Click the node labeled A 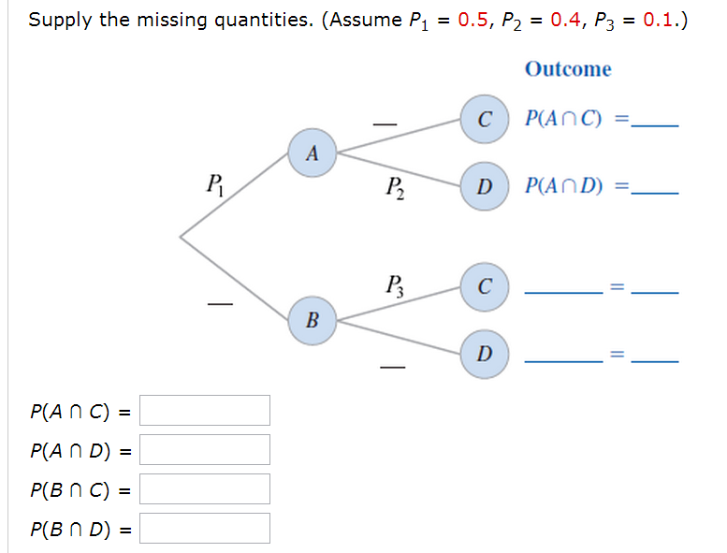click(313, 153)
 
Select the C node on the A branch click(484, 119)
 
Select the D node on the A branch click(484, 187)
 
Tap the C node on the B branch click(484, 285)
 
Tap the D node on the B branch click(484, 354)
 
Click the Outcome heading click(567, 69)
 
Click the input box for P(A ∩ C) click(205, 410)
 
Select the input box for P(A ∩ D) click(205, 449)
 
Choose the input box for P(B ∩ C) click(205, 488)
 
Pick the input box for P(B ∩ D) click(205, 528)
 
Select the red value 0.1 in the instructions click(660, 21)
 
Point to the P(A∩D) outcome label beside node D click(564, 187)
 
